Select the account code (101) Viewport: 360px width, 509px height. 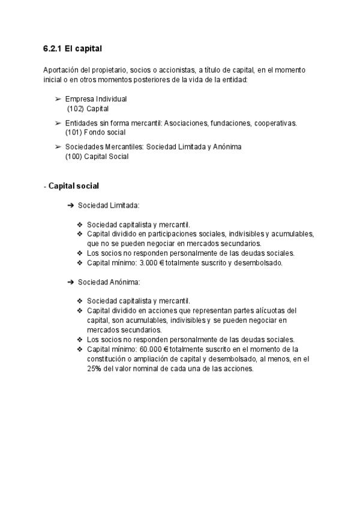coord(74,132)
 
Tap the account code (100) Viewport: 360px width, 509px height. coord(74,156)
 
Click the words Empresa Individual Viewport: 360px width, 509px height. coord(96,99)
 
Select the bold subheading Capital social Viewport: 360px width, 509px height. coord(73,186)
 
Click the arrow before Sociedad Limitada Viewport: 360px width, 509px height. coord(70,205)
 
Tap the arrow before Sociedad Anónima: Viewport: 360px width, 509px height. coord(70,282)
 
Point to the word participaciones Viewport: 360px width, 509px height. coord(158,233)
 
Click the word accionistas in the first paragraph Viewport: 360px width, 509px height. coord(174,70)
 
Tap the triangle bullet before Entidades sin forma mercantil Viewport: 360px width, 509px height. coord(58,123)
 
